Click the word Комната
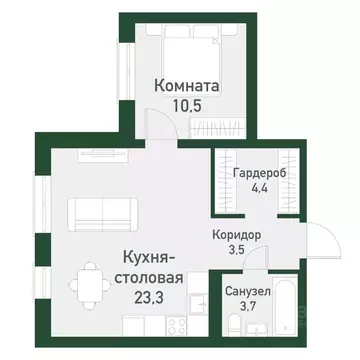point(187,86)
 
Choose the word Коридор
point(236,234)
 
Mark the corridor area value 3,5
point(236,250)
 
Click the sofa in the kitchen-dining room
point(96,212)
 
